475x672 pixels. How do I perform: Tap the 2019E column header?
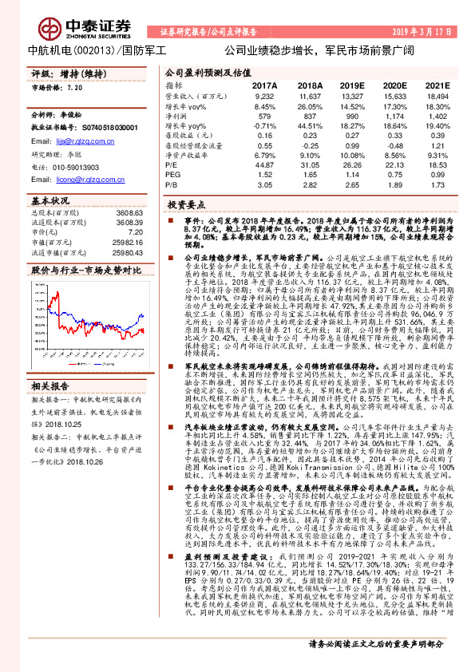(x=350, y=85)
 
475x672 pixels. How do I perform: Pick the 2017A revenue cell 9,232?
(x=264, y=96)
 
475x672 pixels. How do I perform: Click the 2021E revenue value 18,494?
(x=437, y=96)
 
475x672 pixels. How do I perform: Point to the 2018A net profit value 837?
(x=309, y=116)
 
